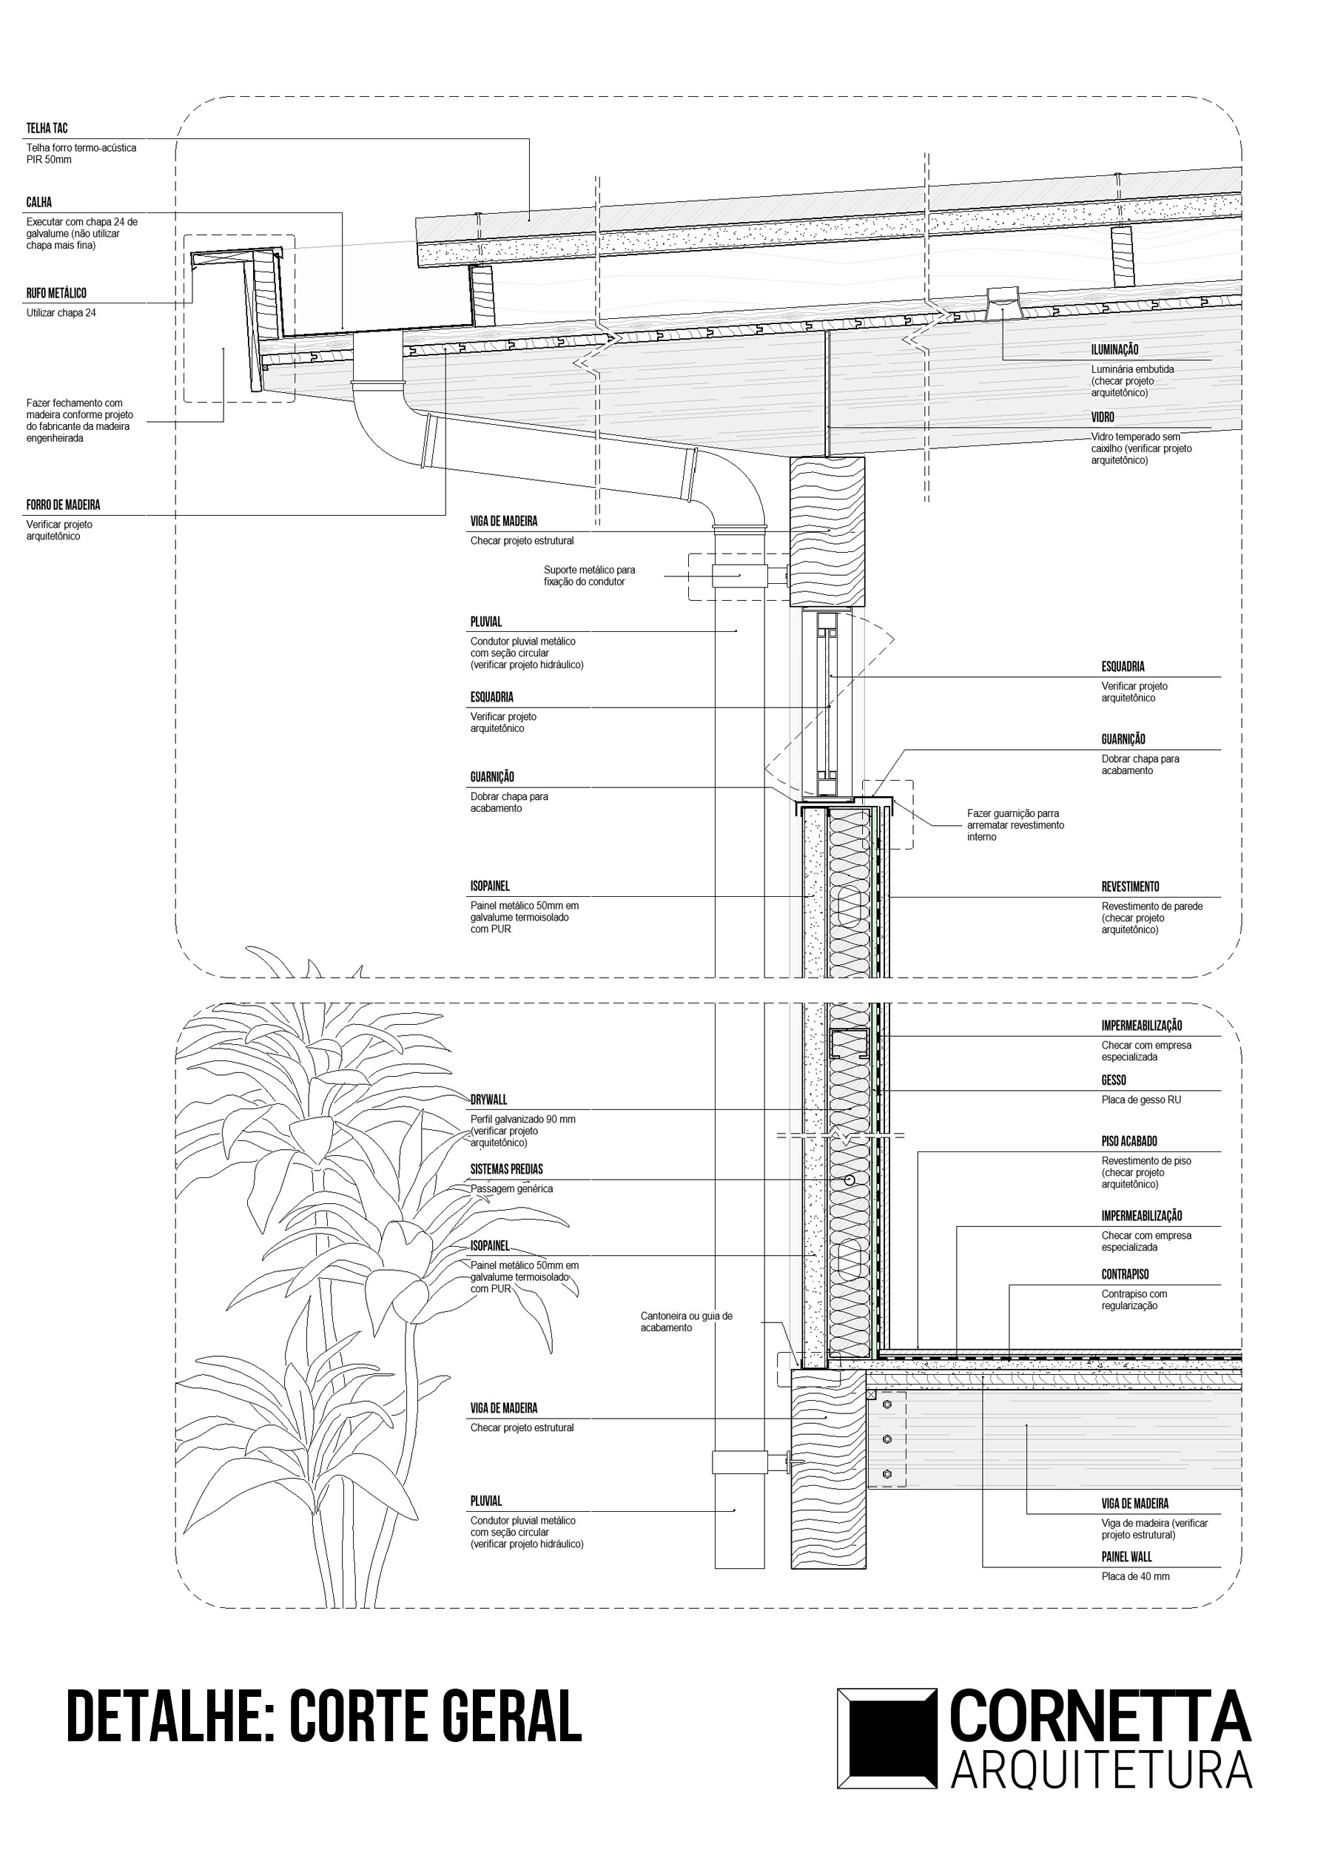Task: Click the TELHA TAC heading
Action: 47,128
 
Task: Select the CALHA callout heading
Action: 39,202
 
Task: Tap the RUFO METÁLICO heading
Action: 56,293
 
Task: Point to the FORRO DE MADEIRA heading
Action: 63,505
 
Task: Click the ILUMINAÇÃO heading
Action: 1114,349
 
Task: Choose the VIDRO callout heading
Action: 1103,417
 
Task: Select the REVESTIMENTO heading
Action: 1130,887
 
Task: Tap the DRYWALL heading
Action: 488,1100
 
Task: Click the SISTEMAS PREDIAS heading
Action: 507,1169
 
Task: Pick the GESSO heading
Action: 1114,1080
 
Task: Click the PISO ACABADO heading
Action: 1129,1141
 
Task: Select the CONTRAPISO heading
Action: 1125,1274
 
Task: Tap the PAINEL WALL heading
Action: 1126,1556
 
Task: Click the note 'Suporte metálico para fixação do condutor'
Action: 589,576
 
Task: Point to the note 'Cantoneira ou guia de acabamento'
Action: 686,1322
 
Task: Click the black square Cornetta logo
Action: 887,1738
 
